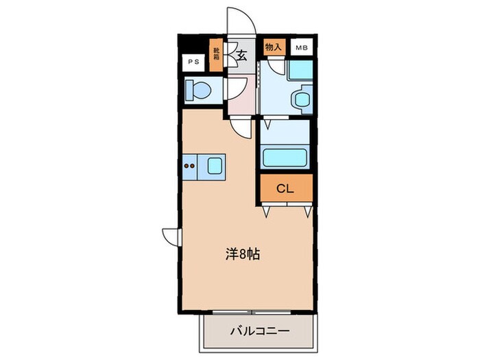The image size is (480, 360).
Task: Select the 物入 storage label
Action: [x=273, y=47]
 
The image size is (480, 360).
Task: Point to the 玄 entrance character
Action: [x=242, y=56]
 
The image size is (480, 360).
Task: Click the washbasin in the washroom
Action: [x=302, y=98]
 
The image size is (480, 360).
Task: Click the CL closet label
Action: [x=285, y=189]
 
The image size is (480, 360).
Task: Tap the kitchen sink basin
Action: [x=215, y=165]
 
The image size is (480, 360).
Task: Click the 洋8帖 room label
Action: [x=243, y=254]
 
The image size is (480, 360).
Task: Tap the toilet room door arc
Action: [x=236, y=87]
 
